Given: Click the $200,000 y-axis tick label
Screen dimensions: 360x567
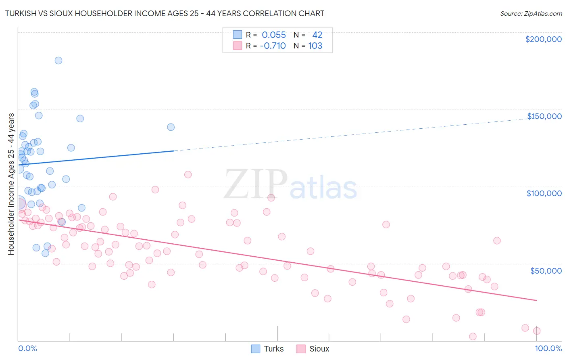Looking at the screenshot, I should point(543,39).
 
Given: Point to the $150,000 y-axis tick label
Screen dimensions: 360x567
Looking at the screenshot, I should point(544,116).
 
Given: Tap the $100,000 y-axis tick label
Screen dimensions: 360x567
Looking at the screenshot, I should point(544,193).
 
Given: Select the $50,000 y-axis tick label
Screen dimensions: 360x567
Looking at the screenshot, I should point(546,270).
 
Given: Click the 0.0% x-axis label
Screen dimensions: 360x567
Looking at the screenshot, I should point(27,348).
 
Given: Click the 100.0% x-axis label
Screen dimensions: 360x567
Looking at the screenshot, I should point(548,348).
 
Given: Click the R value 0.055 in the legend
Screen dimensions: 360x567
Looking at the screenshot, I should point(273,35).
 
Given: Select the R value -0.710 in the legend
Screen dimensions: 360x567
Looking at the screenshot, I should point(273,46).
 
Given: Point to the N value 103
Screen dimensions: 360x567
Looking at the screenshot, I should point(315,46).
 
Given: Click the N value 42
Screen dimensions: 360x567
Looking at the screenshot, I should point(317,35).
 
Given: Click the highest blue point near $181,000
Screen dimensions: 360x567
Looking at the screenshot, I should point(58,61).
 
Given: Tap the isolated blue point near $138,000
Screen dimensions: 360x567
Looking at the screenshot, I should point(171,127).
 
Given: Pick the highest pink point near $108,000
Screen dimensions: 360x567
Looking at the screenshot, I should point(188,175).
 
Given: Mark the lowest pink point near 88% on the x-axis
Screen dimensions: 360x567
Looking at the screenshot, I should point(473,337).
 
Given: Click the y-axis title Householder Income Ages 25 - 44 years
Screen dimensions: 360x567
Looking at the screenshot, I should point(11,184).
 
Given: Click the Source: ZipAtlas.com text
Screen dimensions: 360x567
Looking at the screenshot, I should point(531,14).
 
